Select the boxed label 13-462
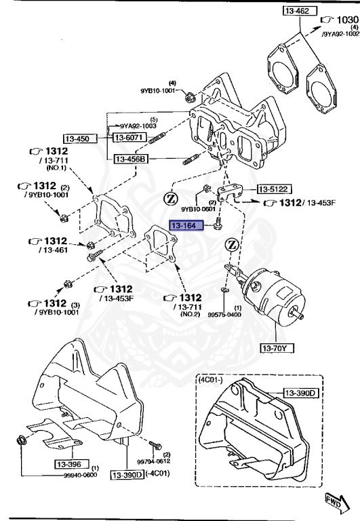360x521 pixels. [300, 12]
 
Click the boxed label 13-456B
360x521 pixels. [131, 159]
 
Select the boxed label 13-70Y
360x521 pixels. [277, 349]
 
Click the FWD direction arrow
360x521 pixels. [334, 501]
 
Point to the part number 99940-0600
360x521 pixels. [84, 476]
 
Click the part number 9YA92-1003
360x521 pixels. [138, 126]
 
